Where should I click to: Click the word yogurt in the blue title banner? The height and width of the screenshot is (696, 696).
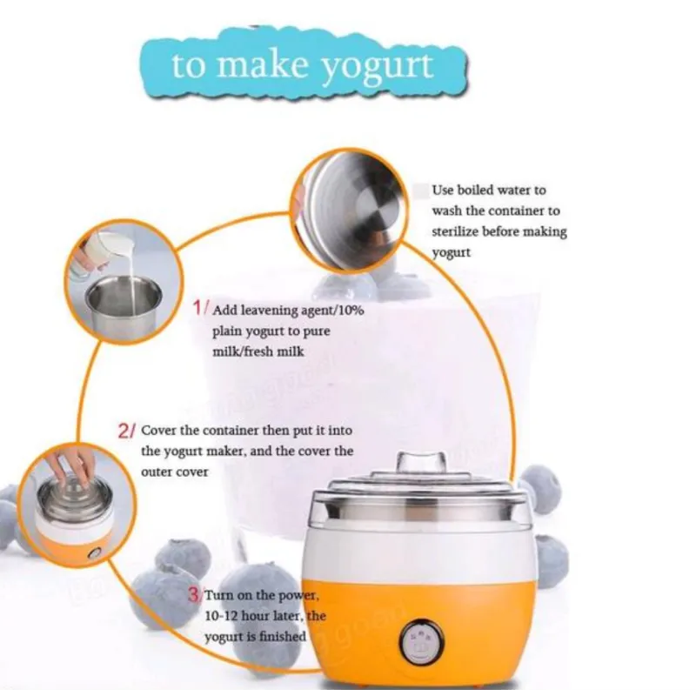[x=376, y=67]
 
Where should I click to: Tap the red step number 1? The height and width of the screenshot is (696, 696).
[x=198, y=307]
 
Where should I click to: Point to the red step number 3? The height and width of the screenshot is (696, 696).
[x=193, y=594]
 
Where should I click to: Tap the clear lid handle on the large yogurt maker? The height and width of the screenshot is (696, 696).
[x=421, y=462]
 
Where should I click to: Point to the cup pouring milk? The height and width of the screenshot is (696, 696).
[x=102, y=251]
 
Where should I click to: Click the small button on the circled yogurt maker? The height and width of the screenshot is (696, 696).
[x=94, y=553]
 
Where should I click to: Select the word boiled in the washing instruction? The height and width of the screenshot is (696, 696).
[x=475, y=190]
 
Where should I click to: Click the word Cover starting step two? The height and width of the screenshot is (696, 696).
[x=157, y=430]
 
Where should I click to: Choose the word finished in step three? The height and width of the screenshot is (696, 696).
[x=283, y=636]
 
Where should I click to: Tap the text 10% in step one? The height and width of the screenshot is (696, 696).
[x=351, y=310]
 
